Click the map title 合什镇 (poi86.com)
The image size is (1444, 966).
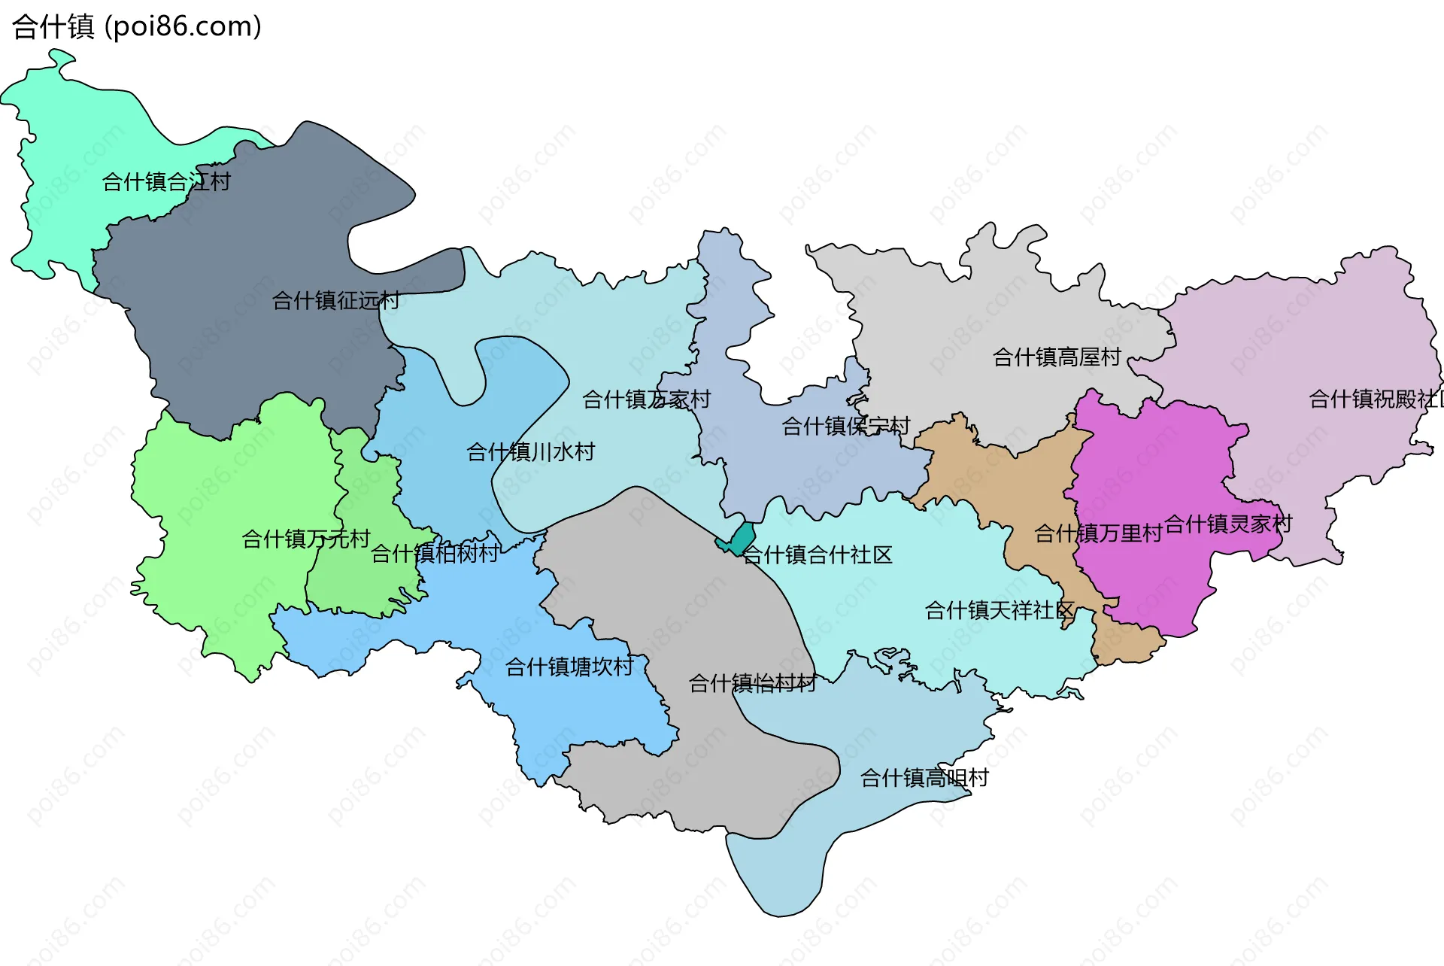click(137, 27)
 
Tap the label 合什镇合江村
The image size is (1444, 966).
click(166, 182)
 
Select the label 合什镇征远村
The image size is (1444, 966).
click(335, 301)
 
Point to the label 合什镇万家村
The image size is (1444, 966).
click(646, 399)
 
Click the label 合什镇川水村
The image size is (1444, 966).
click(530, 452)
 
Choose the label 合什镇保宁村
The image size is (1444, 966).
click(845, 427)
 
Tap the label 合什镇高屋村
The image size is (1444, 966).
click(1057, 357)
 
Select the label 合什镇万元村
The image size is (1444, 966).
click(306, 539)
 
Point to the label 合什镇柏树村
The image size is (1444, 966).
click(435, 554)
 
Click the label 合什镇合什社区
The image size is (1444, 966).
click(817, 555)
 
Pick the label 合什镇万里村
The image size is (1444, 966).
click(1098, 533)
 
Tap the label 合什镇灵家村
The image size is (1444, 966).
click(1228, 524)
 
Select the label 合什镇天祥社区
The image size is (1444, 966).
click(999, 610)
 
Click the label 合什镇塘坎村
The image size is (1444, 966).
click(569, 667)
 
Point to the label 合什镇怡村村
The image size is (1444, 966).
click(752, 683)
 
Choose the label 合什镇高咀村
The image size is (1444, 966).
click(924, 778)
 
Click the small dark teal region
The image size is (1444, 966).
click(741, 539)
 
